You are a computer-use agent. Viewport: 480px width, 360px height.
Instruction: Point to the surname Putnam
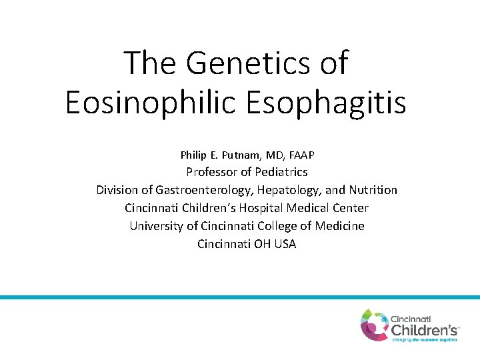pyautogui.click(x=247, y=155)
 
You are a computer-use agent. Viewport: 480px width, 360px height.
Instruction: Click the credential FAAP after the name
pyautogui.click(x=301, y=155)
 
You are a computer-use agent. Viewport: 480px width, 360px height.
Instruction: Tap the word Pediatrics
pyautogui.click(x=281, y=172)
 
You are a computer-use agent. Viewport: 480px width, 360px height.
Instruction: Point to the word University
pyautogui.click(x=156, y=226)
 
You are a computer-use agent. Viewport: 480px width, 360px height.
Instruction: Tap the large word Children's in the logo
pyautogui.click(x=424, y=330)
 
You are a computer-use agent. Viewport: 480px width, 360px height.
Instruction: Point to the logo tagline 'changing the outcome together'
pyautogui.click(x=424, y=340)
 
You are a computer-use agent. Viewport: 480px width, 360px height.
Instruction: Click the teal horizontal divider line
pyautogui.click(x=240, y=297)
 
